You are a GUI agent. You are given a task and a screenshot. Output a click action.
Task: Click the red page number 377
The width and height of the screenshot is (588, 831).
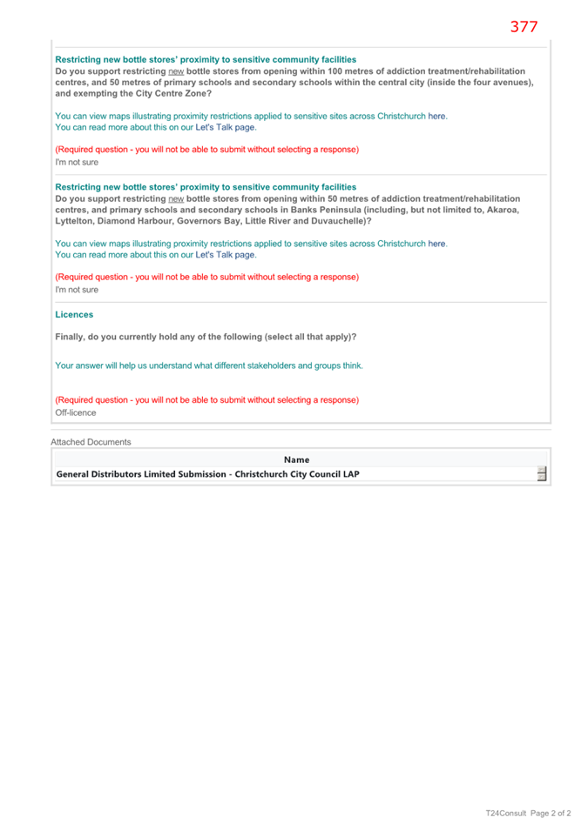point(524,26)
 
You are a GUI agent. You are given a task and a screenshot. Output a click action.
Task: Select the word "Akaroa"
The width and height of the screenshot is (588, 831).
point(504,210)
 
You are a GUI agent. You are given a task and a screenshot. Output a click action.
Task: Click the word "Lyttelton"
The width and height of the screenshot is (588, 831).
point(76,221)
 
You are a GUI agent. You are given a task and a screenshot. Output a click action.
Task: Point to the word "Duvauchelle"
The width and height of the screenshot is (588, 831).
point(342,221)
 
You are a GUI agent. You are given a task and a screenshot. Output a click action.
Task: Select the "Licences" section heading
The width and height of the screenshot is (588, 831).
point(74,314)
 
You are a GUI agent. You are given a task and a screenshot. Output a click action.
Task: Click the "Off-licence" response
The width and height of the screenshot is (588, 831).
point(76,412)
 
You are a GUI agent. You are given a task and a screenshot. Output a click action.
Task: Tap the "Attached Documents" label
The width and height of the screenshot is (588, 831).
point(91,442)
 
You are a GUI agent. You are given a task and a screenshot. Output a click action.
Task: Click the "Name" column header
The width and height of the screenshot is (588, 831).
point(296,459)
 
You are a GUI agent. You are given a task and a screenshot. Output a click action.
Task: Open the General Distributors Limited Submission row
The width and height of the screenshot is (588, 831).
point(207,474)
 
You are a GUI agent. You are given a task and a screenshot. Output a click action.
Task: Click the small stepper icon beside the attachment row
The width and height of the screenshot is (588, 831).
point(541,474)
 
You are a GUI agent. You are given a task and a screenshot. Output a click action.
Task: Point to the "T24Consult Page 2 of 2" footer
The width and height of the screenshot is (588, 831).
point(528,813)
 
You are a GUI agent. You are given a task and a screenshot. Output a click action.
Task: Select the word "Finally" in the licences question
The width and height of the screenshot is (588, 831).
point(71,337)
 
